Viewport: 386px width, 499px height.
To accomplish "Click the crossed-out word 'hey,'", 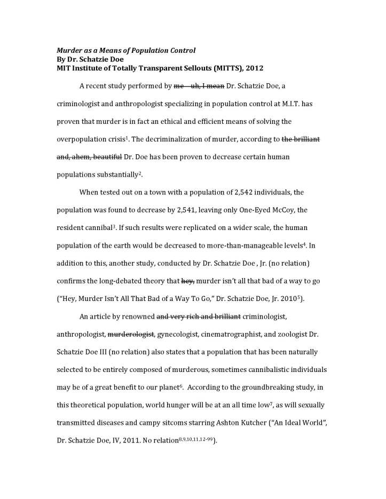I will pos(188,281).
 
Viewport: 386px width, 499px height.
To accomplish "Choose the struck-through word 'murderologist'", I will pos(131,335).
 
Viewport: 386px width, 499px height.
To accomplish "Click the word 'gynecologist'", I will pos(179,335).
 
